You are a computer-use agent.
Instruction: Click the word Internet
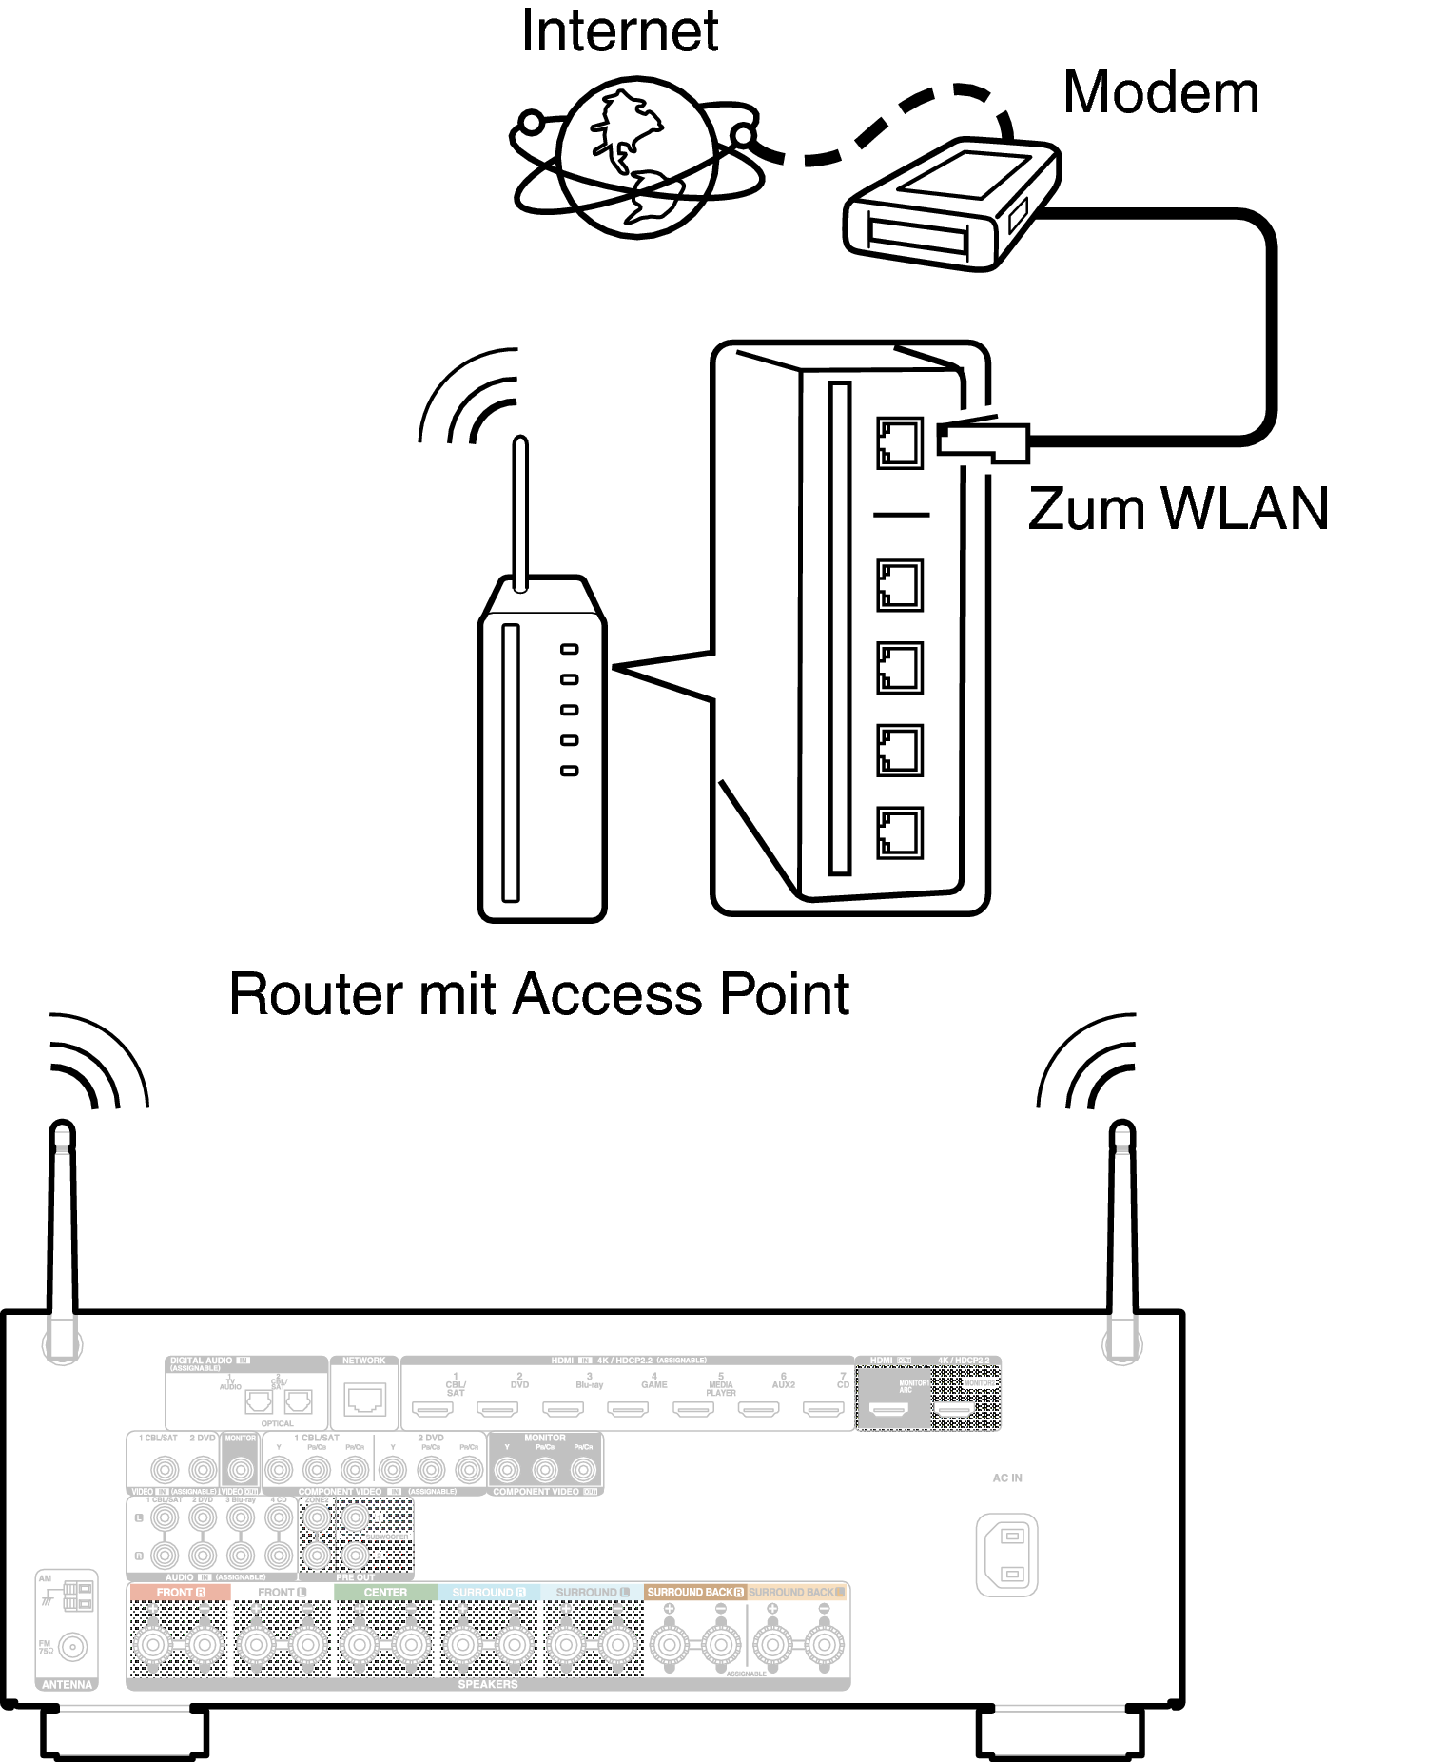pos(619,32)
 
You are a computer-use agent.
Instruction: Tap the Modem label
pos(1160,93)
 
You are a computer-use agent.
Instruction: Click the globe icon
pos(636,158)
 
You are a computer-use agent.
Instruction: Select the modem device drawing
pos(951,204)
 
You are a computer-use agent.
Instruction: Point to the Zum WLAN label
pos(1178,509)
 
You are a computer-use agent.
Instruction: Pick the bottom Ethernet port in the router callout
pos(899,833)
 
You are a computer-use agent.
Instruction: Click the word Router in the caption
pos(317,995)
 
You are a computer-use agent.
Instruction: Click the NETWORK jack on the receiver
pos(364,1400)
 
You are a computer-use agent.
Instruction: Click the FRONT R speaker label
pos(180,1592)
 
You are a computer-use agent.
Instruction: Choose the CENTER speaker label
pos(385,1592)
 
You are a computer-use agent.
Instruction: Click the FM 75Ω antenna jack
pos(73,1646)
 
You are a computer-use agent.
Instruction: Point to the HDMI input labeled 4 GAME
pos(628,1408)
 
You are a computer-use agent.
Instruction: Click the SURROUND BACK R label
pos(695,1592)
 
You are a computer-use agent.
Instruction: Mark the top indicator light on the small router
pos(569,649)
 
